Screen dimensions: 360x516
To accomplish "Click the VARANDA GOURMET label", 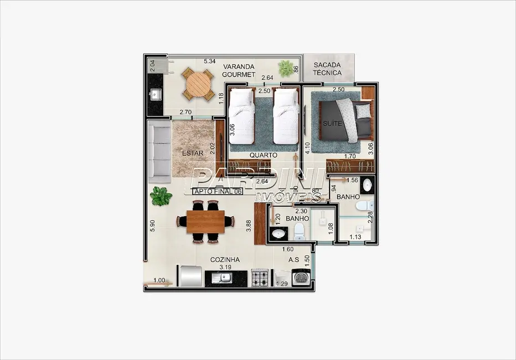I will (239, 70).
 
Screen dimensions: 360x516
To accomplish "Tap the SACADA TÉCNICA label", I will (327, 68).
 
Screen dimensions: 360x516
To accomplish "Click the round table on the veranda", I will (198, 84).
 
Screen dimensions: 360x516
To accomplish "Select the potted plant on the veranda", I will (286, 68).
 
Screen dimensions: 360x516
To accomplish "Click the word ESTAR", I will (193, 153).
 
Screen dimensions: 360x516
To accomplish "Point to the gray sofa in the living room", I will (159, 152).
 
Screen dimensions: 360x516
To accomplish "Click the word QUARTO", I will (263, 156).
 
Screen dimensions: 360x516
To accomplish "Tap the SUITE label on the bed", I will (333, 123).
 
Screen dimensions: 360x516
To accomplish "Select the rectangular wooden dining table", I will (205, 222).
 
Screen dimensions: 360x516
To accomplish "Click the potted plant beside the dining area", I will (161, 196).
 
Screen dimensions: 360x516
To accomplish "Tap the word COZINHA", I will (225, 259).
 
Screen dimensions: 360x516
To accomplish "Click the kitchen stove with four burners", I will (260, 277).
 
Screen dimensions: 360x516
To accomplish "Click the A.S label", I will (293, 259).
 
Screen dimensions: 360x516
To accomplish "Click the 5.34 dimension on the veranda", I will (209, 61).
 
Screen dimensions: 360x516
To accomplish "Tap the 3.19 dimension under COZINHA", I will (225, 267).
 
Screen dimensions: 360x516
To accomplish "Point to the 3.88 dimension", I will (249, 226).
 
